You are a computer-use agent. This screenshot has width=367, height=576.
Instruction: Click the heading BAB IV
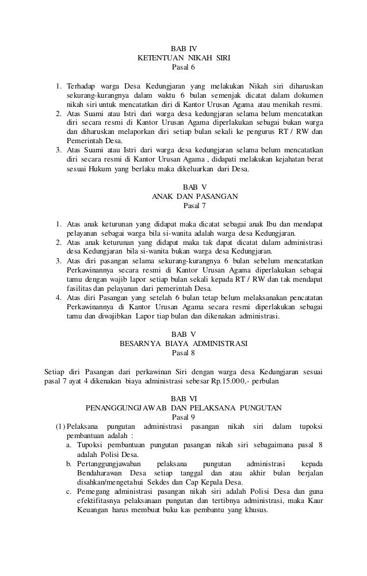pos(183,47)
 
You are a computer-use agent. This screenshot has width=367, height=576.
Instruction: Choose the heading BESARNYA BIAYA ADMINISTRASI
pos(183,345)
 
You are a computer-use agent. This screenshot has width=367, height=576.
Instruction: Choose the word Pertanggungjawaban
pos(110,463)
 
